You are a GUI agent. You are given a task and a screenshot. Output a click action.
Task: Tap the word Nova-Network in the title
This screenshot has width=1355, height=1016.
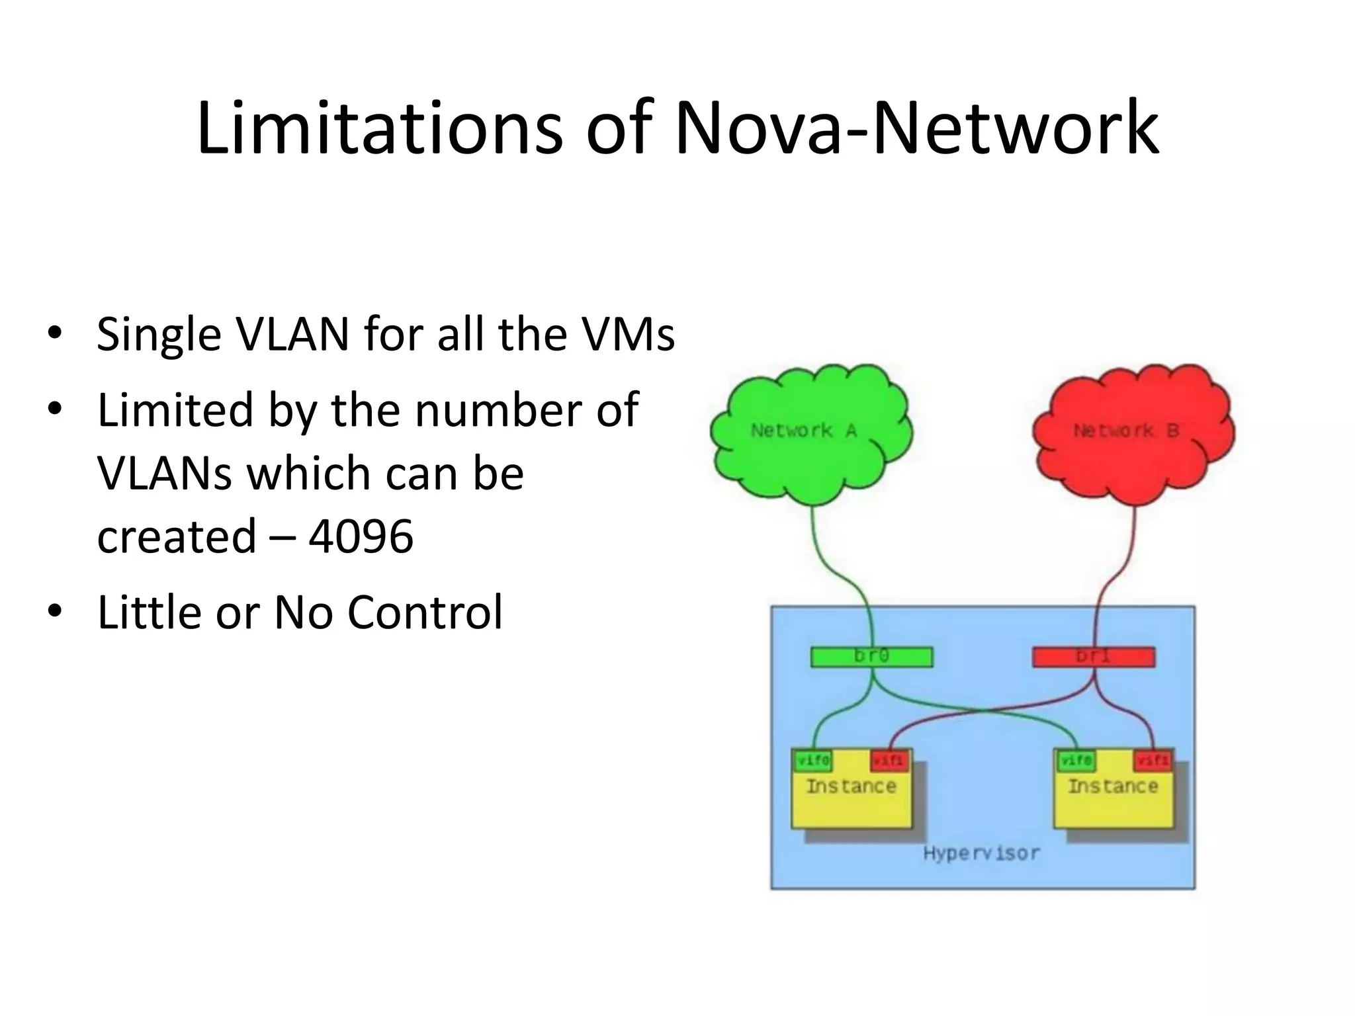pos(916,127)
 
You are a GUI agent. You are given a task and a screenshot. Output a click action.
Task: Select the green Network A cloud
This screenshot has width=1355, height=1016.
pos(810,433)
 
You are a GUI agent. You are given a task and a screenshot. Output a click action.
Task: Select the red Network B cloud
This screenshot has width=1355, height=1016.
pos(1133,433)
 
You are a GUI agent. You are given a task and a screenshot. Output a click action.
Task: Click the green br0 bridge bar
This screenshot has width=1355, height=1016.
pos(871,657)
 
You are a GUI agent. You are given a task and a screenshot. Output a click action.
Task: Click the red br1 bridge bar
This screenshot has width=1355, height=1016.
pos(1094,657)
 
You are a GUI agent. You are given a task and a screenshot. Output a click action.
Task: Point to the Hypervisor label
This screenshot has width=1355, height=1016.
pos(981,853)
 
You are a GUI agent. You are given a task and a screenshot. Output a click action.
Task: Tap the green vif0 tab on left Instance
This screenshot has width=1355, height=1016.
pos(813,761)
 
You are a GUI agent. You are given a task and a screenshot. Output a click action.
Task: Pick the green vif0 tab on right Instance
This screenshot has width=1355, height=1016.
pos(1075,761)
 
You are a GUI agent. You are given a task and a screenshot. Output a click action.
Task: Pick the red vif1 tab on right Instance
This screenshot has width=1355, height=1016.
pos(1153,761)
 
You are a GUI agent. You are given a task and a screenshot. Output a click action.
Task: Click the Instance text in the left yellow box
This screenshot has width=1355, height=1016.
pos(851,786)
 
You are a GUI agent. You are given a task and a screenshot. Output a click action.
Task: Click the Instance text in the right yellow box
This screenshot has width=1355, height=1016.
pos(1113,786)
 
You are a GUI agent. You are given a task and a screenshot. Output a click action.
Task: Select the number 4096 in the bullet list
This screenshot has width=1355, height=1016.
pos(361,536)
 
